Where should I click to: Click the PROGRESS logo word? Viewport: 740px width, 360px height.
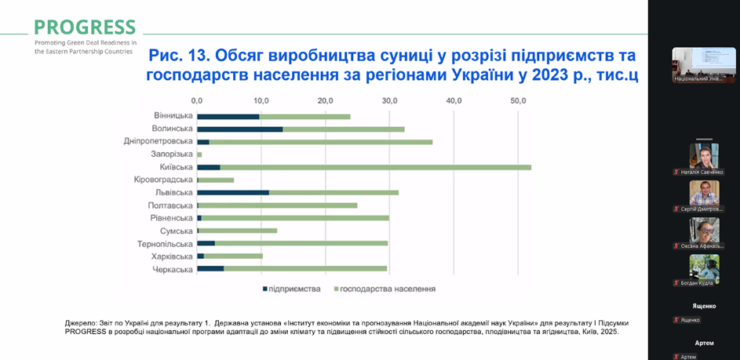[x=85, y=27]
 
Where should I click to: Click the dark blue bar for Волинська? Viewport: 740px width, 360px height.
[x=239, y=129]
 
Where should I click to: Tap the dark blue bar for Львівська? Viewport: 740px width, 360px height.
[x=232, y=192]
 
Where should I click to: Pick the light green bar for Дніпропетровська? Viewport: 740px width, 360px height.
[x=320, y=142]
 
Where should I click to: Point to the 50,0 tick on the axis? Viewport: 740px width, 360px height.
[x=518, y=100]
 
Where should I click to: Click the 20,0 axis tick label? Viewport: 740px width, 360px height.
[x=325, y=100]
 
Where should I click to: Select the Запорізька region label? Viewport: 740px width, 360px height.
[x=172, y=155]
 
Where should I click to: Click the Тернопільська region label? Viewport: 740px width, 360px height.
[x=166, y=244]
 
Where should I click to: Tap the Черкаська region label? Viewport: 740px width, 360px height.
[x=172, y=270]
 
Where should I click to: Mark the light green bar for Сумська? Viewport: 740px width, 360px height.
[x=238, y=231]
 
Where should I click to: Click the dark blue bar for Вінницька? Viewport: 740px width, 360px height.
[x=228, y=116]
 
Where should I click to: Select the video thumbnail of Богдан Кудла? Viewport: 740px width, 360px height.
[x=704, y=267]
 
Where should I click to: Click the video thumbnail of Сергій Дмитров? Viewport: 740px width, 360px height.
[x=704, y=193]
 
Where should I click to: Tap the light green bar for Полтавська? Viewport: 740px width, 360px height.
[x=278, y=205]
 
